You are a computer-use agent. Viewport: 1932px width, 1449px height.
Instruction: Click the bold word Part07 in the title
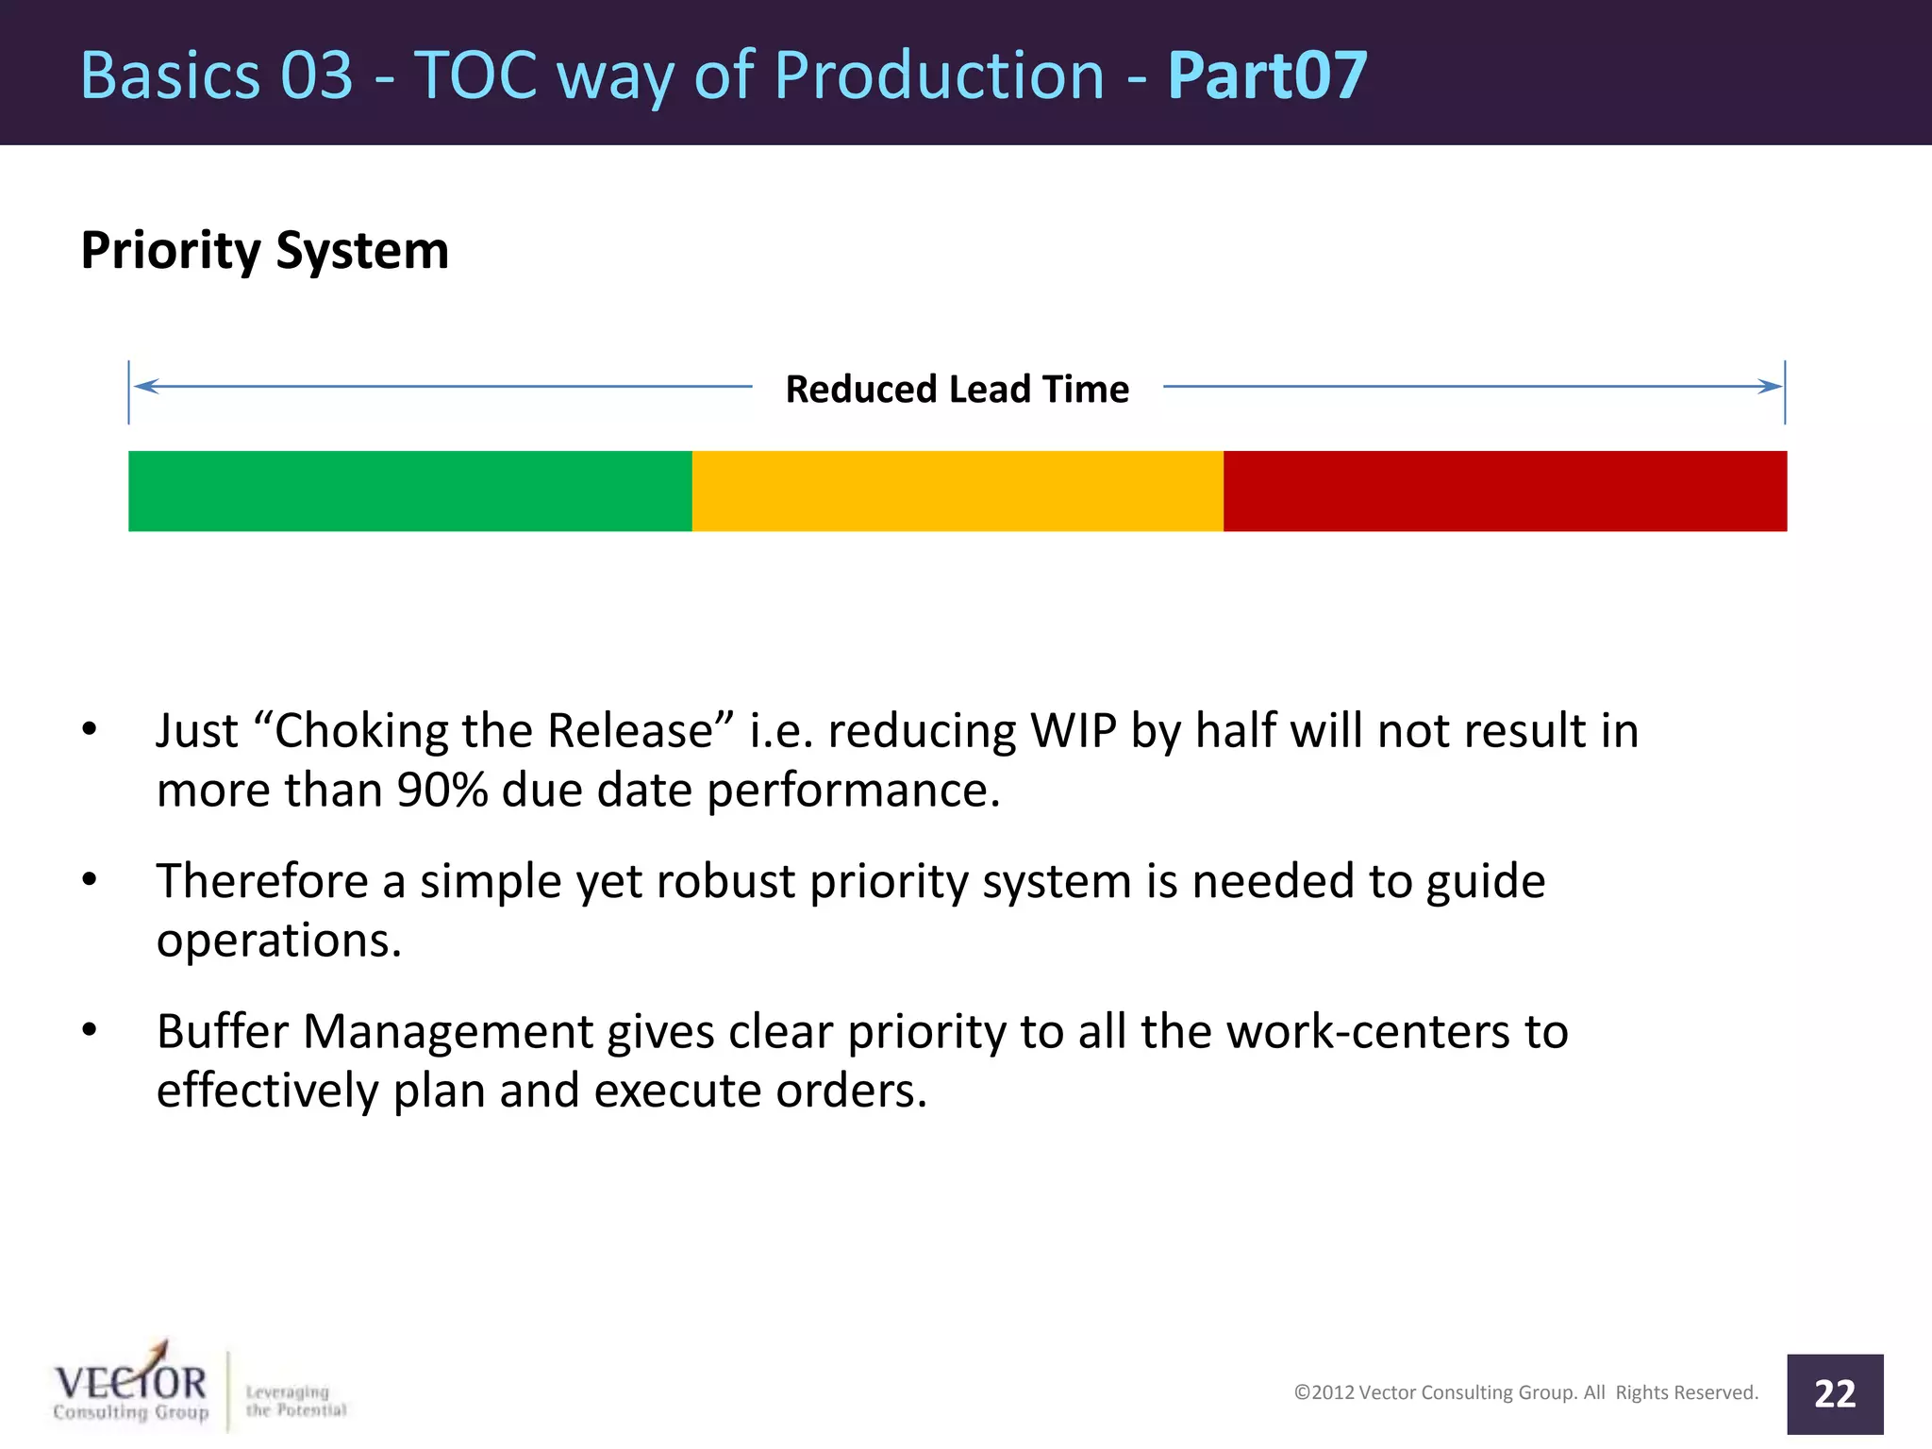[x=1267, y=75]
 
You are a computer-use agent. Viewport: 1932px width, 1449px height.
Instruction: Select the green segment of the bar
[x=409, y=491]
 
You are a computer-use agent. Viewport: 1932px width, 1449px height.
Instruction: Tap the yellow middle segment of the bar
[x=957, y=491]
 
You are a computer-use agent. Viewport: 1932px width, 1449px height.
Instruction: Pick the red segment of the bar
[x=1505, y=491]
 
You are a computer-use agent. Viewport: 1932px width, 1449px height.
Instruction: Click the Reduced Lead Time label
[x=957, y=390]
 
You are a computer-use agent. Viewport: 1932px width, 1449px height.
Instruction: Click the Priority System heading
[x=264, y=251]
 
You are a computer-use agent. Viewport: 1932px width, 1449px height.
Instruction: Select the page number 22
[x=1834, y=1394]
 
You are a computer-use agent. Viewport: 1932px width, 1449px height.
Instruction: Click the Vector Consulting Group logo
[x=130, y=1388]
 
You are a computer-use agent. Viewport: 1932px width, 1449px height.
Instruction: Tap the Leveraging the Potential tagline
[x=295, y=1401]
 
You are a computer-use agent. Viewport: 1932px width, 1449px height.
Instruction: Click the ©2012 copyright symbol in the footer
[x=1302, y=1392]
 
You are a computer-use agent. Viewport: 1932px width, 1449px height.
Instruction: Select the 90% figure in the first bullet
[x=441, y=791]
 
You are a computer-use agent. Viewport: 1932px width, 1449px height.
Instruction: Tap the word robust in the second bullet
[x=725, y=882]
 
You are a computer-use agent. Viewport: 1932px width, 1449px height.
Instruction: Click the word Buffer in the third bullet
[x=223, y=1031]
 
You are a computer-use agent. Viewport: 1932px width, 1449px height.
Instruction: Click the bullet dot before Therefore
[x=90, y=879]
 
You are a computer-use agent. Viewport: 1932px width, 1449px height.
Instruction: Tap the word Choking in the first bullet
[x=348, y=731]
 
